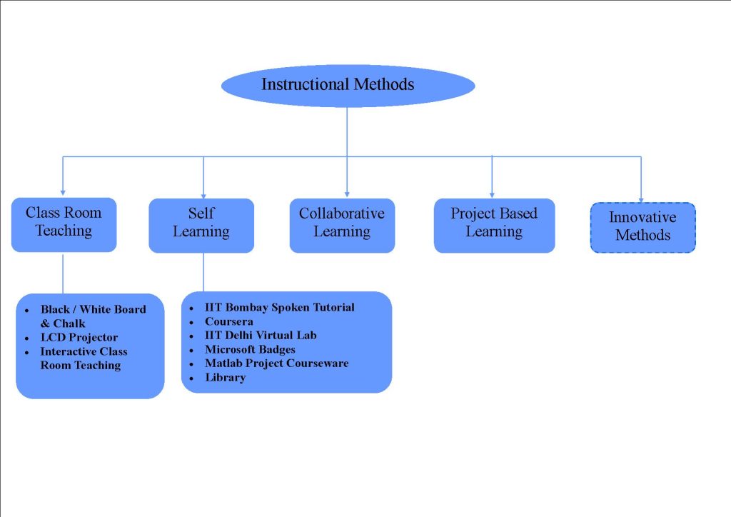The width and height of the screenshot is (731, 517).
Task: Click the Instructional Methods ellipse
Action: tap(348, 85)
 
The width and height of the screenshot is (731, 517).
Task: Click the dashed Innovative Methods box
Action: tap(642, 227)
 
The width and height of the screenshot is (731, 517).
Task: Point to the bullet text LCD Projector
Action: tap(79, 337)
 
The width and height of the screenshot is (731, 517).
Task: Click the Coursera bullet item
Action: tap(228, 321)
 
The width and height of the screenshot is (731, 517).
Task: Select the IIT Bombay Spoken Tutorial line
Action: tap(279, 307)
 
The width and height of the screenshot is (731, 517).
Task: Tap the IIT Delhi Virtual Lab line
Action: tap(260, 335)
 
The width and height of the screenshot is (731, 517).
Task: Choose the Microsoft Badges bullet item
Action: tap(250, 349)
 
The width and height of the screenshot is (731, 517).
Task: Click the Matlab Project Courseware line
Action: tap(276, 363)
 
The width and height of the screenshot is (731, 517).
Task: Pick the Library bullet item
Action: tap(225, 377)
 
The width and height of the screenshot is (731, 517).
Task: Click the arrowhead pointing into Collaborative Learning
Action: tap(347, 194)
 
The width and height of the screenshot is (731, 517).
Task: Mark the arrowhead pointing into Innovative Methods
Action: tap(640, 199)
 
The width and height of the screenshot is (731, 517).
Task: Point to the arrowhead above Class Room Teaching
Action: tap(63, 192)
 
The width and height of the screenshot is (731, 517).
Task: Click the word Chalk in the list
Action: tap(69, 323)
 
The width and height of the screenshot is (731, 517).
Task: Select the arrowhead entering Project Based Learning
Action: tap(492, 194)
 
